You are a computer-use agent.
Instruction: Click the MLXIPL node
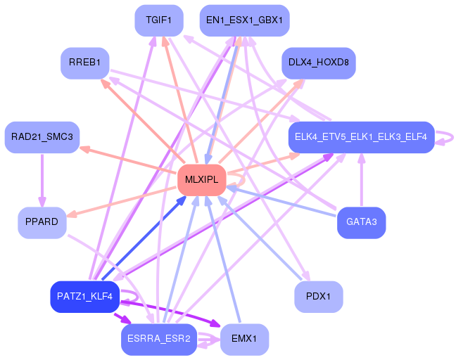click(x=202, y=180)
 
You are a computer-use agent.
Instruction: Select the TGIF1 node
click(x=159, y=20)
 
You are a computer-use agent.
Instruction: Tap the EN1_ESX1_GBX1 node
click(x=244, y=20)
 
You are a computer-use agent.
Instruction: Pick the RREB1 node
click(x=85, y=63)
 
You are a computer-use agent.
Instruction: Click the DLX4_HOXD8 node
click(x=319, y=63)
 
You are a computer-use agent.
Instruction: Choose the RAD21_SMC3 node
click(x=42, y=137)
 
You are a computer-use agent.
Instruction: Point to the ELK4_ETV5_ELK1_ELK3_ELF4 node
click(x=361, y=137)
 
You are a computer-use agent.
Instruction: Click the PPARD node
click(x=42, y=223)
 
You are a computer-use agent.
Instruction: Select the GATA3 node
click(x=361, y=223)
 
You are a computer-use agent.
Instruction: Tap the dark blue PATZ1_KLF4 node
click(x=85, y=297)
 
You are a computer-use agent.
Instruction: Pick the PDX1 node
click(x=319, y=297)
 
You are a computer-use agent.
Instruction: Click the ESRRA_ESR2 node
click(x=159, y=340)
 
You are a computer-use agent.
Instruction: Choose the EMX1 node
click(x=244, y=340)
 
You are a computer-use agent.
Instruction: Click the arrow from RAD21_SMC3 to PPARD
click(x=42, y=180)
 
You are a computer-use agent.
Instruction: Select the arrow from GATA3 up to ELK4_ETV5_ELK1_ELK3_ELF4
click(x=362, y=180)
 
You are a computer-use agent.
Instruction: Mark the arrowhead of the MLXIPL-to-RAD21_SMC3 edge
click(x=84, y=149)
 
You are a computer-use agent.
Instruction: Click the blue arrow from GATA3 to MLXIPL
click(x=281, y=202)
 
